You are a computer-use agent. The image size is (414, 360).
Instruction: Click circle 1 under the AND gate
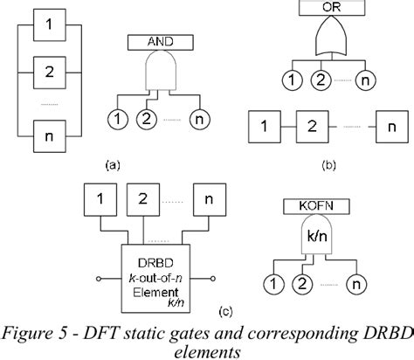[x=116, y=118]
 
